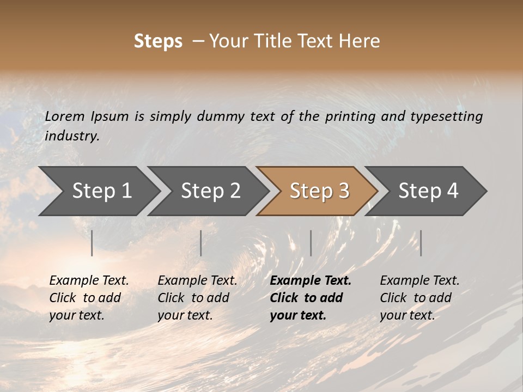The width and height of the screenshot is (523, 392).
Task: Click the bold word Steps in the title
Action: [158, 41]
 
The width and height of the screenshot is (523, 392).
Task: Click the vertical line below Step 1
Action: [92, 243]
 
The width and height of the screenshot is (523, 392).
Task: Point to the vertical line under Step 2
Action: [201, 243]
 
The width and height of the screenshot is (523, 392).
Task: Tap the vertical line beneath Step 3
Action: [311, 243]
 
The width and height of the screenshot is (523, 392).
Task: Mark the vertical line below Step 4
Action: [421, 243]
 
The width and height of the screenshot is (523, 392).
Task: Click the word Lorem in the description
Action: [65, 117]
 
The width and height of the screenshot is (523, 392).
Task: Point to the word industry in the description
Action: [72, 136]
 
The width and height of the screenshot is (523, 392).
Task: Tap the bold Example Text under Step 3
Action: [311, 281]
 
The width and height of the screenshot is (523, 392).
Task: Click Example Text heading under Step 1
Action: [89, 281]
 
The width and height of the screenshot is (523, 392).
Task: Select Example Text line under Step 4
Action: [419, 281]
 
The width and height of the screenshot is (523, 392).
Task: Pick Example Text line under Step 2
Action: [197, 281]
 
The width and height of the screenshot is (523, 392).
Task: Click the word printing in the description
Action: [349, 117]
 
